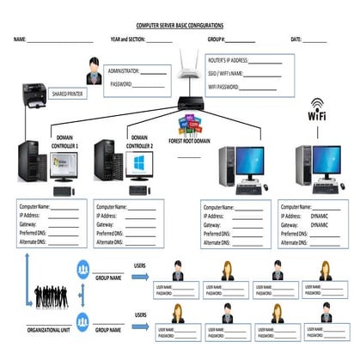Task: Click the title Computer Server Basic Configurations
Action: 180,27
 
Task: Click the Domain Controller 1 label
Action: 66,142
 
